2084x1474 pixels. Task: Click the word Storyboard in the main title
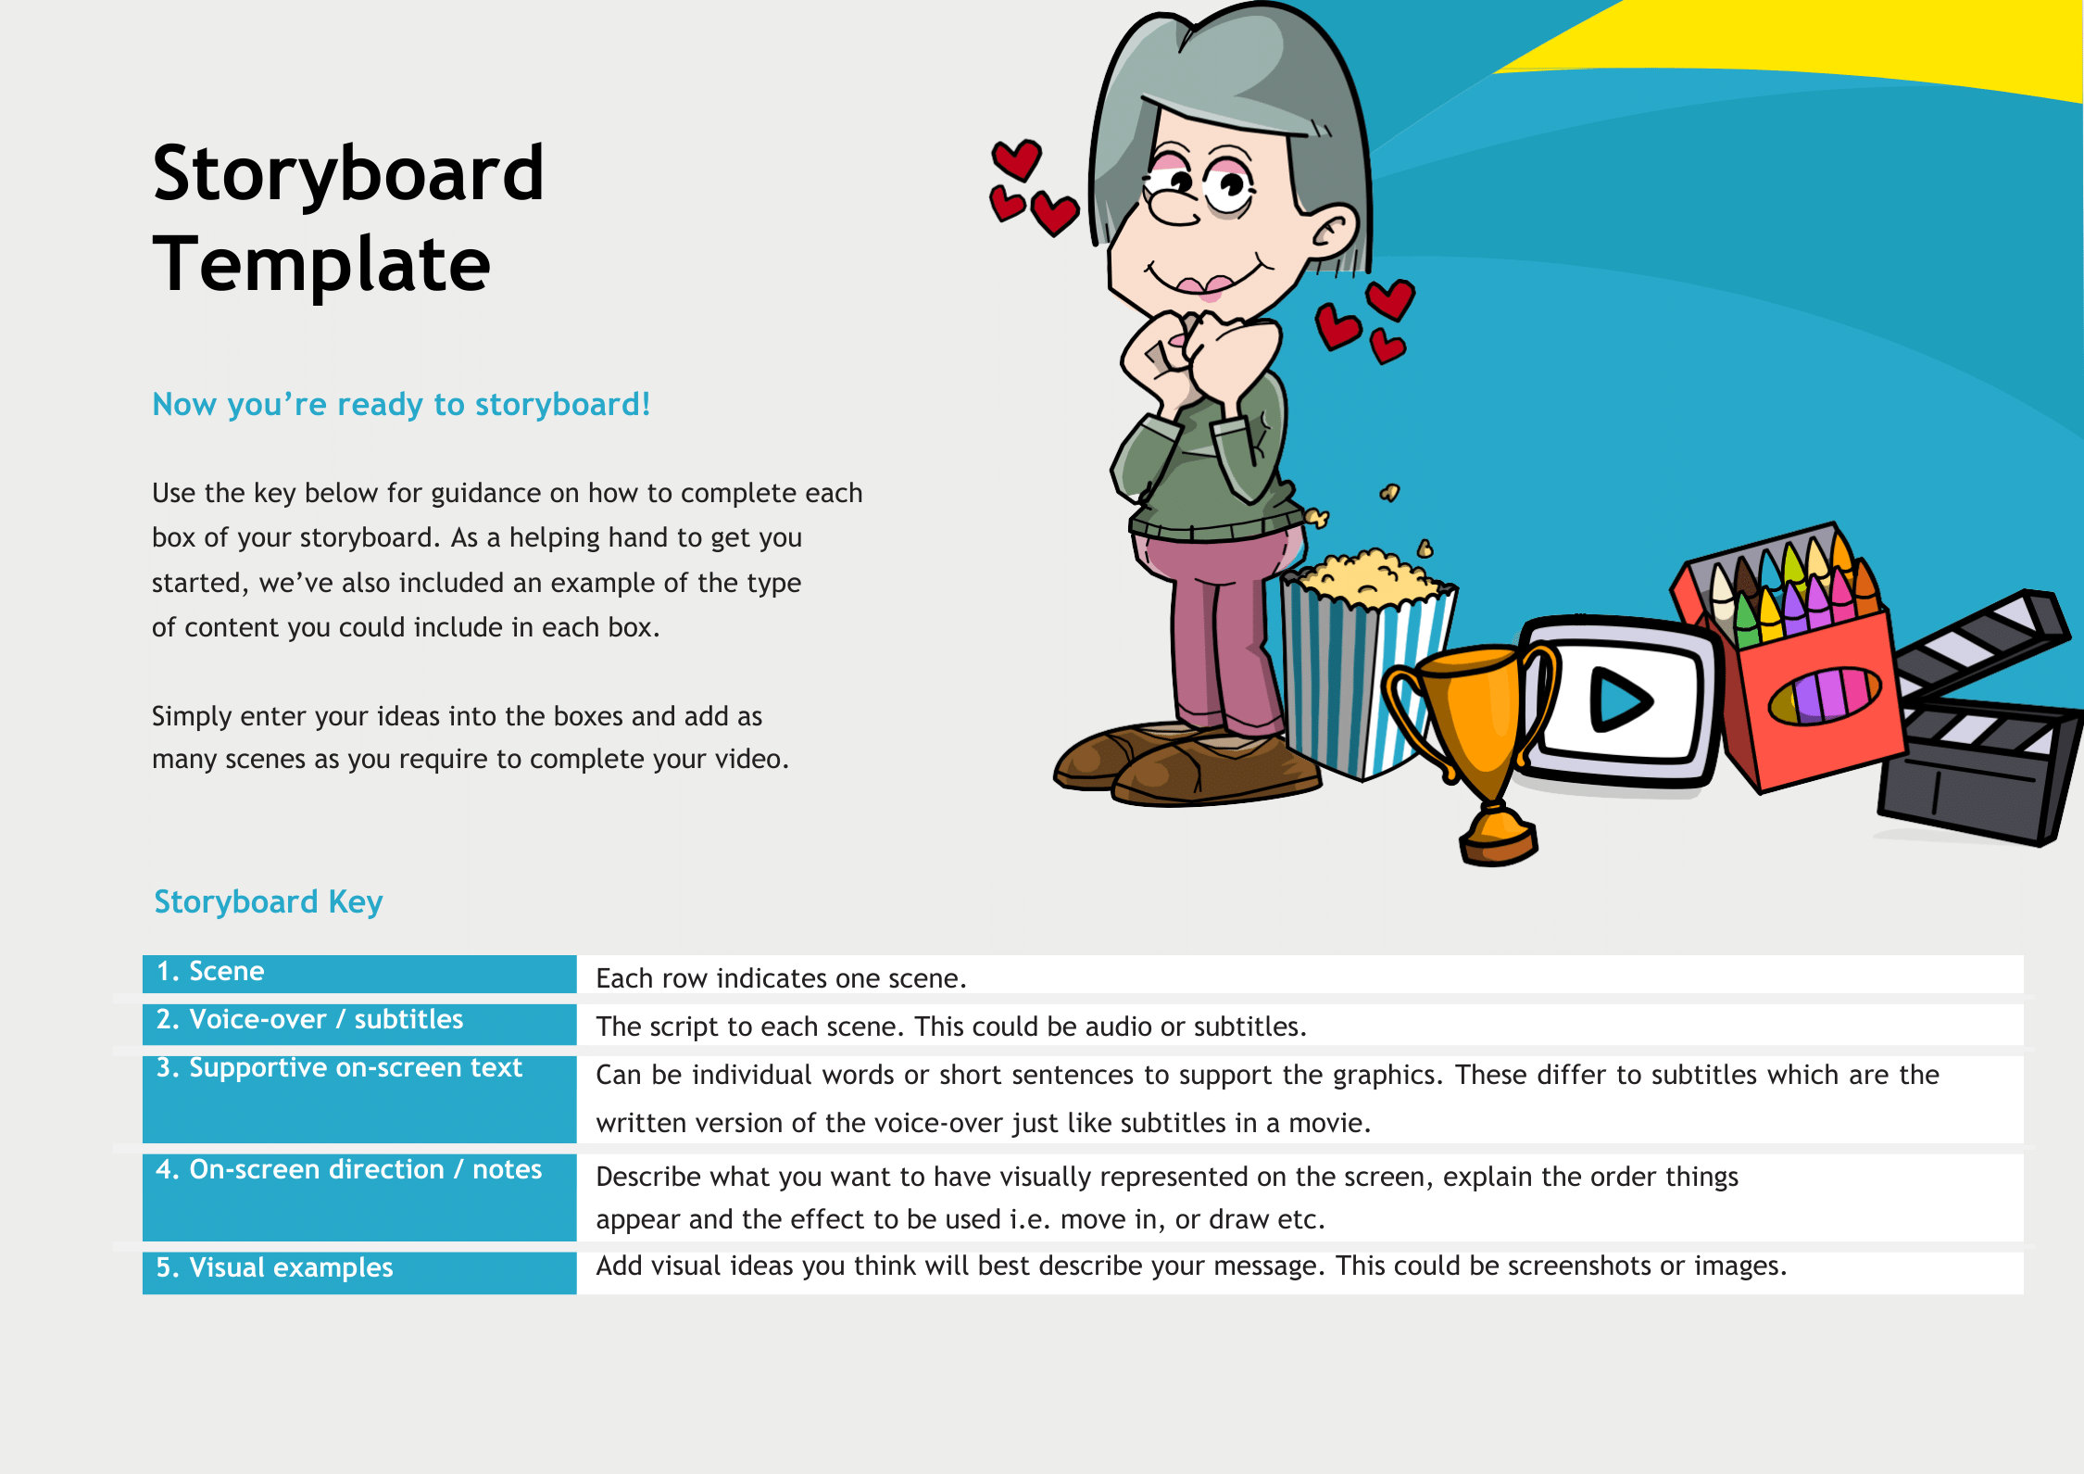pos(348,174)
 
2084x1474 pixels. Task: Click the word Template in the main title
pos(321,265)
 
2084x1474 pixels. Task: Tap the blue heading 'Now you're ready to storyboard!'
pos(401,405)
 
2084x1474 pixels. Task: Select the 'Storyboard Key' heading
pos(268,901)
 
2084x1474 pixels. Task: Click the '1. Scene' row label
pos(211,972)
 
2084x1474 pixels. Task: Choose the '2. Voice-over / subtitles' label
pos(309,1020)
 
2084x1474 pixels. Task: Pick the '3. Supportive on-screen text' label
pos(339,1068)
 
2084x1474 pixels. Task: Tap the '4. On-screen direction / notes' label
pos(348,1170)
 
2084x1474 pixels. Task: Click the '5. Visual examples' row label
pos(274,1267)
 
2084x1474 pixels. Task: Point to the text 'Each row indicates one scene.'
pos(781,978)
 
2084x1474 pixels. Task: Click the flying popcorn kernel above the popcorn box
pos(1389,492)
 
